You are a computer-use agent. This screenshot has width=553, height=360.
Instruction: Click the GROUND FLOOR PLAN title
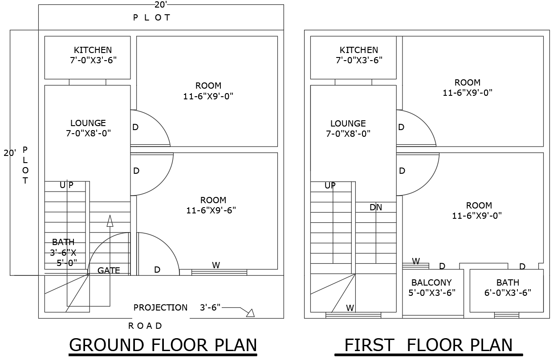[163, 345]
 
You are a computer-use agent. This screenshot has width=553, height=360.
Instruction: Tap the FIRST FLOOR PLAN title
[428, 345]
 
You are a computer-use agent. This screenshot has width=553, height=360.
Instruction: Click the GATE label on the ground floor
[109, 270]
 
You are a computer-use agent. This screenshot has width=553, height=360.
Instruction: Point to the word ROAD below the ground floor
[145, 326]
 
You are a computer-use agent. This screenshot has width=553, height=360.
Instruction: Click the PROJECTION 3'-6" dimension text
[177, 307]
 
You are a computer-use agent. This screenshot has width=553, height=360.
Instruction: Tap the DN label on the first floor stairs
[375, 207]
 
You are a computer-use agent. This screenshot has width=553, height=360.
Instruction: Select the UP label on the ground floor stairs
[66, 185]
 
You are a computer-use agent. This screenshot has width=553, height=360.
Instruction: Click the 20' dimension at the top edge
[161, 5]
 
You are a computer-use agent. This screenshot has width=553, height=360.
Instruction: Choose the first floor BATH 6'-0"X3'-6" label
[508, 287]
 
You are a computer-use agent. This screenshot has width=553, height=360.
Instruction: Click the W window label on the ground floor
[216, 265]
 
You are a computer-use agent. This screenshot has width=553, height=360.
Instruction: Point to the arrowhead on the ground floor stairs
[110, 221]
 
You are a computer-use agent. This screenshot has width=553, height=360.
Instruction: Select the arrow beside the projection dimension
[250, 313]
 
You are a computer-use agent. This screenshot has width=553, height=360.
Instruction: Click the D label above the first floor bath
[522, 266]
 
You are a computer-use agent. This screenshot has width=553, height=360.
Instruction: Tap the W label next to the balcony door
[415, 261]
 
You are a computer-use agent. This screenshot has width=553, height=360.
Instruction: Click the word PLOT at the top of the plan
[151, 18]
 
